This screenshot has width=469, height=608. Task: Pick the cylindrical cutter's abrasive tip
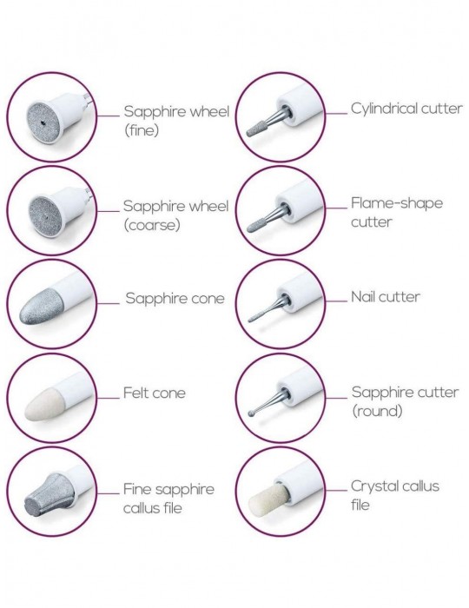256,128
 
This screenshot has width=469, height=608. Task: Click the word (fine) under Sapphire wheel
142,130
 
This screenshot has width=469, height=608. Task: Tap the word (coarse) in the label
152,225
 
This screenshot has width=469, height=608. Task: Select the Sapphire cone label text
175,298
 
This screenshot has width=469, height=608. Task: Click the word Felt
135,393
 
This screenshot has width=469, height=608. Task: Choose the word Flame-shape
397,203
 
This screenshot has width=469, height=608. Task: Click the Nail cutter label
386,297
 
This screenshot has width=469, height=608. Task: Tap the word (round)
377,411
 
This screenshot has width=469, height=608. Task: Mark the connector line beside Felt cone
109,398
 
